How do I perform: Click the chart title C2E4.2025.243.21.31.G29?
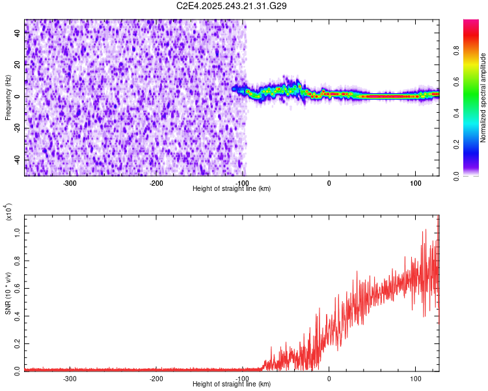point(232,6)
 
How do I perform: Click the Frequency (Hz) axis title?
point(8,97)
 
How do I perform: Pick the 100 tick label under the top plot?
point(415,182)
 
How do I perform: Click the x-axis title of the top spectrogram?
point(232,188)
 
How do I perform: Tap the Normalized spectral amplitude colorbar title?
point(483,97)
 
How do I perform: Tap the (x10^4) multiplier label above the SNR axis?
point(8,212)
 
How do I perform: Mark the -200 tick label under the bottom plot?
point(156,378)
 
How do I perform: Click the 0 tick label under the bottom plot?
point(329,378)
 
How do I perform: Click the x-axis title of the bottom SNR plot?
point(232,384)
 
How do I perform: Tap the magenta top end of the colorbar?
point(471,23)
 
